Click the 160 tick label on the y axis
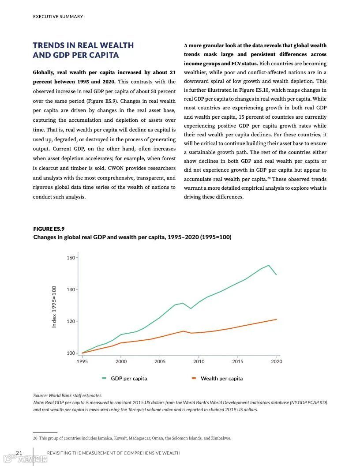[x=71, y=258]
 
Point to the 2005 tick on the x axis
[x=160, y=361]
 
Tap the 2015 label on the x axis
[x=237, y=361]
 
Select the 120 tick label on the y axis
[x=71, y=321]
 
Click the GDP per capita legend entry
[x=128, y=378]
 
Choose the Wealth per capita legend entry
[x=221, y=378]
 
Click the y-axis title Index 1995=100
[x=54, y=307]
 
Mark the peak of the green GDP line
[x=269, y=265]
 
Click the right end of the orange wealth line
[x=277, y=319]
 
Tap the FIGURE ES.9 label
[x=49, y=229]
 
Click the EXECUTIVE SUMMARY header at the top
[x=58, y=17]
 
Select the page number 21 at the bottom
[x=19, y=453]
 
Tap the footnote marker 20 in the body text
[x=268, y=178]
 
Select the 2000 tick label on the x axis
[x=121, y=361]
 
